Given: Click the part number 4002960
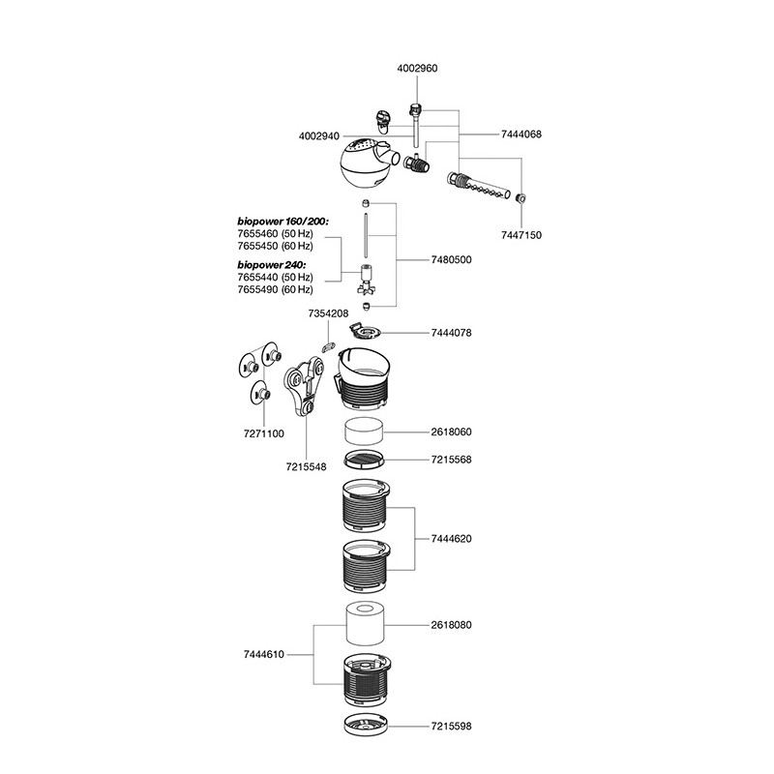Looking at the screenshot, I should [419, 69].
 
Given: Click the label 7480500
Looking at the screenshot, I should [452, 260].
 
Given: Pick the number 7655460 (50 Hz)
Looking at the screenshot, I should [275, 234].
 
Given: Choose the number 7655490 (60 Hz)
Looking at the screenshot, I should [275, 289].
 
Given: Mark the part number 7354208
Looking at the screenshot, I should [327, 314].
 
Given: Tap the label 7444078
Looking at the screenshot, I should [452, 332].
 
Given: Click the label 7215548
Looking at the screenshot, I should [305, 466].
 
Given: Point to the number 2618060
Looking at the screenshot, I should [452, 432].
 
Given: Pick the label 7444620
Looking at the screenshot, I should [452, 538].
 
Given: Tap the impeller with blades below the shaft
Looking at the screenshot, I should [366, 282].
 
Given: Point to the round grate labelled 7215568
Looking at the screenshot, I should [366, 459].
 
